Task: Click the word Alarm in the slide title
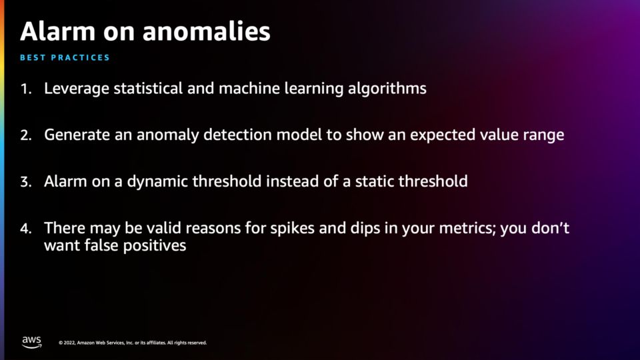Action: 57,31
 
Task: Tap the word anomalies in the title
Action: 207,31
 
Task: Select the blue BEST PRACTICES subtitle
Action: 65,57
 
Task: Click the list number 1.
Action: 26,89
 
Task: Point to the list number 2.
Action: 26,135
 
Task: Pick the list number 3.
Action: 26,181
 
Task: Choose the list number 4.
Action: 26,228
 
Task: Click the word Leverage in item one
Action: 77,89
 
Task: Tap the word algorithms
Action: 387,89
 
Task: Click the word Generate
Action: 77,135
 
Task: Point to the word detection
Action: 237,135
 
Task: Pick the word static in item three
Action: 375,181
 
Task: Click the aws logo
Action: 32,342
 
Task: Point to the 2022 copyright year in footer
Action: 69,343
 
